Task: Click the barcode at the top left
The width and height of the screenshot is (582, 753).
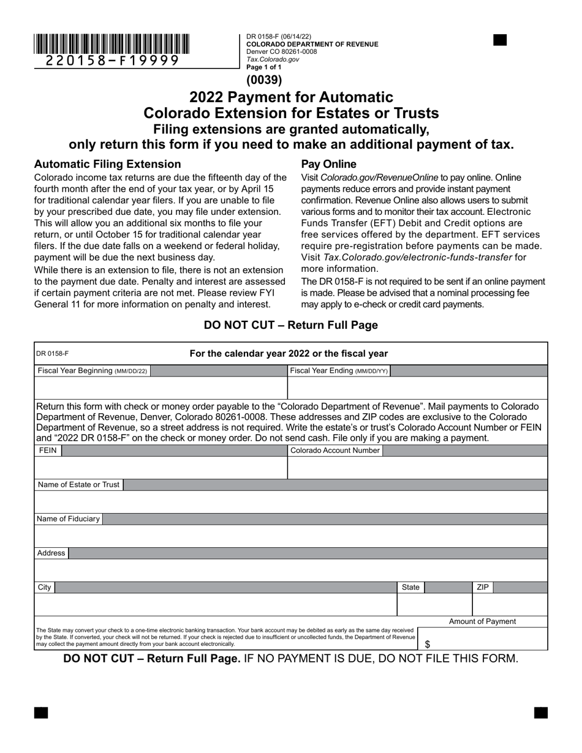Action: click(111, 44)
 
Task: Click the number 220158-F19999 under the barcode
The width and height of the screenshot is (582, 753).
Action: click(113, 60)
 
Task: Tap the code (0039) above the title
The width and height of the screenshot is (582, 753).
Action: click(264, 80)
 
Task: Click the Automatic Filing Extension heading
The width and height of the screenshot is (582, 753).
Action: click(107, 164)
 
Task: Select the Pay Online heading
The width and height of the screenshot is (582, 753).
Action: click(328, 164)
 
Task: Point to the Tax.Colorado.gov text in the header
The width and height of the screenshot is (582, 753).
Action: click(273, 59)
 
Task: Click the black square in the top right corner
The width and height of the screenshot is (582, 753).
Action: click(500, 40)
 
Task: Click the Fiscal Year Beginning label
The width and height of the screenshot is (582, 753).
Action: click(92, 371)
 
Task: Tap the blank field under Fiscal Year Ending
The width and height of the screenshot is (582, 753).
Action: click(417, 388)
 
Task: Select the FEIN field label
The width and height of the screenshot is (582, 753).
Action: click(47, 451)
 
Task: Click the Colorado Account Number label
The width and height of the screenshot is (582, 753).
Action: click(335, 451)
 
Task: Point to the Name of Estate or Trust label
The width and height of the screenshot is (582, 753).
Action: click(78, 485)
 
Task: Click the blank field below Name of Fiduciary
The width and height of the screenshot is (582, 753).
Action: click(290, 536)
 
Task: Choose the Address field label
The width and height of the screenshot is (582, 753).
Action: click(51, 553)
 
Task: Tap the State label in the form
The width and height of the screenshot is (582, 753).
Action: click(410, 587)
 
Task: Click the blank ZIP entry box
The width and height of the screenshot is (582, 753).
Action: click(509, 604)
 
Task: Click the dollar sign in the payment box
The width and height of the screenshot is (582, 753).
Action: click(427, 644)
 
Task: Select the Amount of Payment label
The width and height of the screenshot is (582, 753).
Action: click(482, 621)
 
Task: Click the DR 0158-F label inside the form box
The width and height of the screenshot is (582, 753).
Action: click(52, 354)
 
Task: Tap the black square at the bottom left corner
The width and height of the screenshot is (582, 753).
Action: click(40, 713)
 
